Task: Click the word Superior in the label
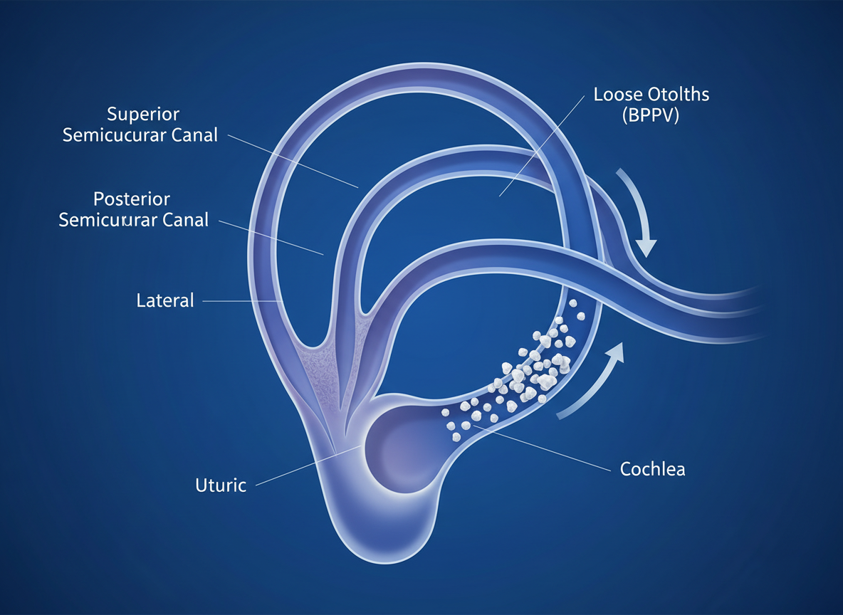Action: (143, 114)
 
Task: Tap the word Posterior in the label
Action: (132, 199)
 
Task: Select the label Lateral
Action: (164, 300)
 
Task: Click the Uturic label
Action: (221, 485)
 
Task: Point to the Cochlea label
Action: (652, 469)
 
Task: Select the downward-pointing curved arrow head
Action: (645, 246)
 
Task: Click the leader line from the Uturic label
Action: (306, 466)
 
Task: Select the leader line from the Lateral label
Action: (242, 301)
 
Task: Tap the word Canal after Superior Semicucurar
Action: (191, 135)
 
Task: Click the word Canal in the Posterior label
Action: (182, 219)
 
